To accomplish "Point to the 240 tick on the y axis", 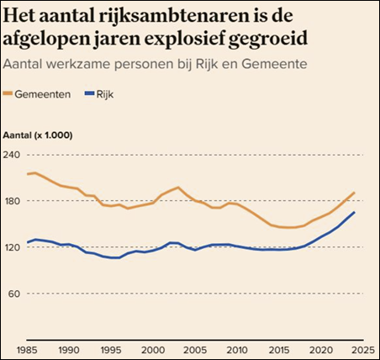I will [14, 155].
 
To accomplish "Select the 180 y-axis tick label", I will [14, 201].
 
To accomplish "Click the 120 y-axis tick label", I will [14, 247].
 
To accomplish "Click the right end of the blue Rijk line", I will [354, 212].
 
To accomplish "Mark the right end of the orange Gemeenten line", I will [354, 193].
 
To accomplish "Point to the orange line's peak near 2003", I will [178, 187].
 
